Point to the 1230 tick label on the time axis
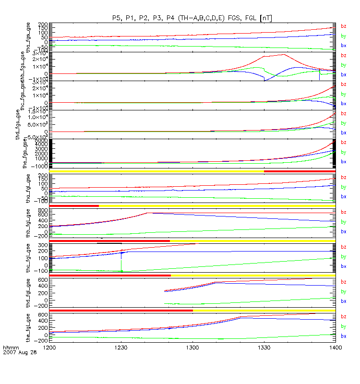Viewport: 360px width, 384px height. (x=121, y=346)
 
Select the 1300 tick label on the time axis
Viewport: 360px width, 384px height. (x=192, y=346)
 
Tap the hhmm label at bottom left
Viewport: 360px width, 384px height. (x=10, y=347)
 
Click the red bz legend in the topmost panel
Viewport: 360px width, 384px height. (x=343, y=26)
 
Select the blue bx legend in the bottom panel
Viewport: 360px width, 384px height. (x=343, y=336)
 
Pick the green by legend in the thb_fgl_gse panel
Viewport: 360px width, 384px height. (x=343, y=222)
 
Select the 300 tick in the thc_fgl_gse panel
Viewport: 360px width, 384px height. (x=42, y=245)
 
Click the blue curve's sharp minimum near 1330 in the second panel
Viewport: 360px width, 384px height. (x=264, y=80)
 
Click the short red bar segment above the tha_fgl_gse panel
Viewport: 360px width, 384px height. (x=300, y=171)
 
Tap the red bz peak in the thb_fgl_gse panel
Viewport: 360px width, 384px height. (x=148, y=213)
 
